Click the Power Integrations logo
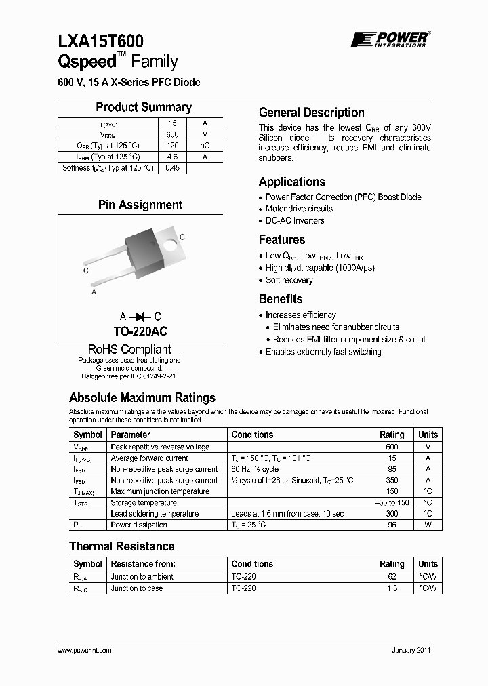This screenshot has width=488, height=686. point(389,39)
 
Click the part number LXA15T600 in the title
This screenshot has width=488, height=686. point(100,43)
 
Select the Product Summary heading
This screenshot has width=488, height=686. point(144,107)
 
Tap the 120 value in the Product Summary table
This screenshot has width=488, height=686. point(172,146)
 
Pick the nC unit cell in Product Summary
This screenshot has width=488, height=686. point(205,146)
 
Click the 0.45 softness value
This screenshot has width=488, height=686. point(172,168)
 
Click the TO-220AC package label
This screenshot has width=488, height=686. point(140,331)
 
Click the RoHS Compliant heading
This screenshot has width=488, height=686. point(129,349)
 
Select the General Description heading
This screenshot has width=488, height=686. point(312,113)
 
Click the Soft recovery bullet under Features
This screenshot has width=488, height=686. point(289,280)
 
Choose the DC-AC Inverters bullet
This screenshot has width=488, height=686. point(295,220)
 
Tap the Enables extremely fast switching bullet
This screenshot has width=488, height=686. point(323,352)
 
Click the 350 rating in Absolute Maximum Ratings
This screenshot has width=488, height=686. point(392,480)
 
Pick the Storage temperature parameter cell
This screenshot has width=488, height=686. point(144,502)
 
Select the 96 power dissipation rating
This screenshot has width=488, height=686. point(392,525)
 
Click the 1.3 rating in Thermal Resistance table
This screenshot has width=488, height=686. point(392,588)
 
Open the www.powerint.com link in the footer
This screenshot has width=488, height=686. point(85,650)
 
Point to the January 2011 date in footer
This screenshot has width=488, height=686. point(411,650)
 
